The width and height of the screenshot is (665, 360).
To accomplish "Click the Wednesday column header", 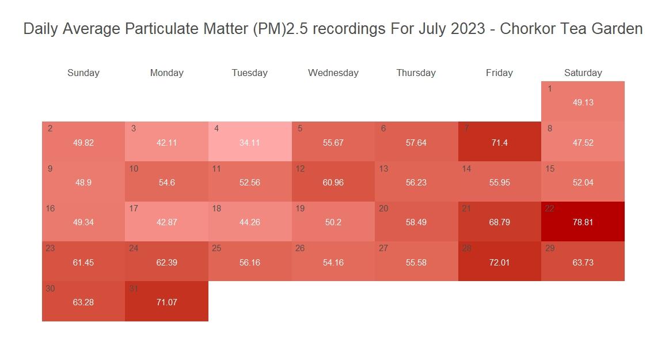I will (333, 73).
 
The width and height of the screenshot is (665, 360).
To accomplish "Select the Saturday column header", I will (583, 73).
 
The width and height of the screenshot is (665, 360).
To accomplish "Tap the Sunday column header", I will (83, 73).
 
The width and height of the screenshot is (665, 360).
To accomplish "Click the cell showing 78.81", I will (583, 222).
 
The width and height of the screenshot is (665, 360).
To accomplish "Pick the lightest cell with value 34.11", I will (250, 142).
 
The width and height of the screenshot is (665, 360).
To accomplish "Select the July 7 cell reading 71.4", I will (499, 142).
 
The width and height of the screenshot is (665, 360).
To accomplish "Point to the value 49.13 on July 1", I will (583, 103).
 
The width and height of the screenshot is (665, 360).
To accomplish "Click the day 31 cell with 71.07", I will (166, 301).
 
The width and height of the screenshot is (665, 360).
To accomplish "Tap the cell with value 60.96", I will (333, 182).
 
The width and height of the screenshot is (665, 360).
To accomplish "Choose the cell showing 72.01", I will (499, 262).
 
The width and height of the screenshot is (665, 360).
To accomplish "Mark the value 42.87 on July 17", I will (166, 222).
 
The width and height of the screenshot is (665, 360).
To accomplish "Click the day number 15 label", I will (550, 169).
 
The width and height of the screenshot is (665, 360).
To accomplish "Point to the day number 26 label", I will (300, 248).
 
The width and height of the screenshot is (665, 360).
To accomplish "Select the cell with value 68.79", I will (499, 222).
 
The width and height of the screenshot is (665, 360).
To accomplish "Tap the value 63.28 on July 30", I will (83, 302).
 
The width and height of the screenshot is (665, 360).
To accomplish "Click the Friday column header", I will (499, 73).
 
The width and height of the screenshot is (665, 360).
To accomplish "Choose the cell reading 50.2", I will (333, 222).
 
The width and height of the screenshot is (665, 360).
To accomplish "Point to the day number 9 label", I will (50, 169).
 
